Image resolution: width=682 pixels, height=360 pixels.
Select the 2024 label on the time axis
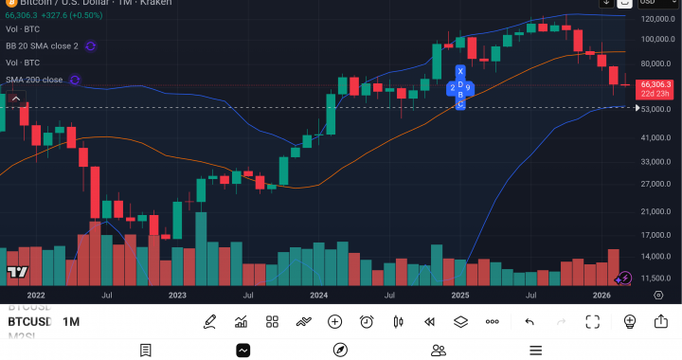click(318, 296)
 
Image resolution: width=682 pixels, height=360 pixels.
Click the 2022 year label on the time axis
click(36, 296)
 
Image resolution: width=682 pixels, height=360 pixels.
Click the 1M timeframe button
click(71, 322)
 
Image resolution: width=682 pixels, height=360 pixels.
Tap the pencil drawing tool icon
click(209, 322)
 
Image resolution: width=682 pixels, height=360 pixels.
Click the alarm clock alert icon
click(367, 322)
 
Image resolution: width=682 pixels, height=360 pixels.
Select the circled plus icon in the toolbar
click(334, 322)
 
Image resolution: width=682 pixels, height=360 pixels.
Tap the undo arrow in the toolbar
click(529, 322)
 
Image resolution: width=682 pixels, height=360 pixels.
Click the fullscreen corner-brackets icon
click(592, 322)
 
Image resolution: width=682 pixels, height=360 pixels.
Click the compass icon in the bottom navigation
click(341, 351)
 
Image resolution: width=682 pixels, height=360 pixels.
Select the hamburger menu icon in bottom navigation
click(535, 351)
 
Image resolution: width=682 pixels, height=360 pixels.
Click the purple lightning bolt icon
click(624, 278)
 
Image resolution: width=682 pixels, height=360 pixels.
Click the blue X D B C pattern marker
click(460, 87)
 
